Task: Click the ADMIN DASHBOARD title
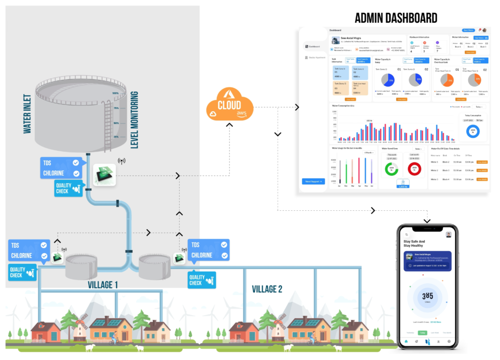(396, 19)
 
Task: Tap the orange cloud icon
(229, 103)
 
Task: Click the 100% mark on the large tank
(116, 93)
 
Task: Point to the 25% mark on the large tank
(116, 137)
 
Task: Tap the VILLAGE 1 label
(102, 285)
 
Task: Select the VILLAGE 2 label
(267, 289)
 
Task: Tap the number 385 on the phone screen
(427, 296)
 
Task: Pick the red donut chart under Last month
(414, 169)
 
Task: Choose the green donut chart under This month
(392, 169)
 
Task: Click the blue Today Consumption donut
(474, 130)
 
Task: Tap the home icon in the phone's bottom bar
(406, 341)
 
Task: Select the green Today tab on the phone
(422, 333)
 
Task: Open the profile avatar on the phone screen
(448, 234)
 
